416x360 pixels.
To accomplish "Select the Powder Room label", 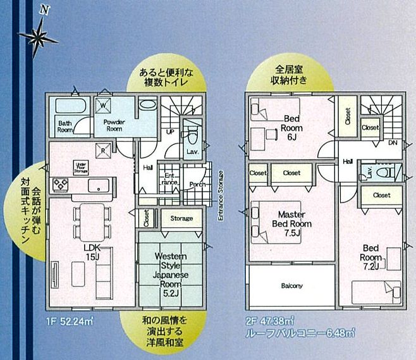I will pyautogui.click(x=114, y=125).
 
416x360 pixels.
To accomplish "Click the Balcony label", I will pyautogui.click(x=291, y=286).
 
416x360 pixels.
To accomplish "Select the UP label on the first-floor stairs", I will pyautogui.click(x=169, y=132).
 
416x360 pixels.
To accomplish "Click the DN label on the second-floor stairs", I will pyautogui.click(x=392, y=143).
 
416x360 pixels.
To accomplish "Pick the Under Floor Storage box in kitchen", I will pyautogui.click(x=81, y=167).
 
